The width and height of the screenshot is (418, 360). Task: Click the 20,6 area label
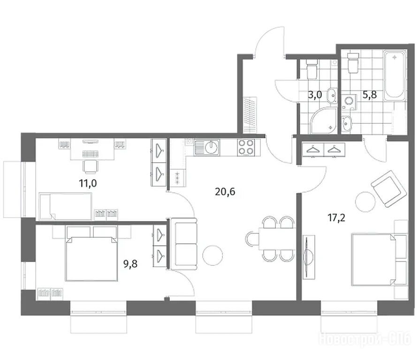(225, 192)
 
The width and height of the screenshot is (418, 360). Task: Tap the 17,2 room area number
(336, 218)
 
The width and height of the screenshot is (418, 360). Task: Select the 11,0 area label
(88, 183)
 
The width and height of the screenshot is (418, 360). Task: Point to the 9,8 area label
(130, 264)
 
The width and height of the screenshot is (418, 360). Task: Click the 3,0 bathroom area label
(315, 95)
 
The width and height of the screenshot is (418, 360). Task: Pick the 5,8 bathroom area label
(370, 95)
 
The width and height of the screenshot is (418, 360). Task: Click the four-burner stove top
(245, 147)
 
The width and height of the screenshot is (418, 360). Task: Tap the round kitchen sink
(212, 147)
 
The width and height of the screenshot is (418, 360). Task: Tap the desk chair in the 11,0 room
(90, 166)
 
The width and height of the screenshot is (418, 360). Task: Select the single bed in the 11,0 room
(66, 207)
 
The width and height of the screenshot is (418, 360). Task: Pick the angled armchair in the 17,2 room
(388, 189)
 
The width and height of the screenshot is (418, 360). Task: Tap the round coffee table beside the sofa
(213, 255)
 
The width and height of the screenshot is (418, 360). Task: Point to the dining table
(277, 239)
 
